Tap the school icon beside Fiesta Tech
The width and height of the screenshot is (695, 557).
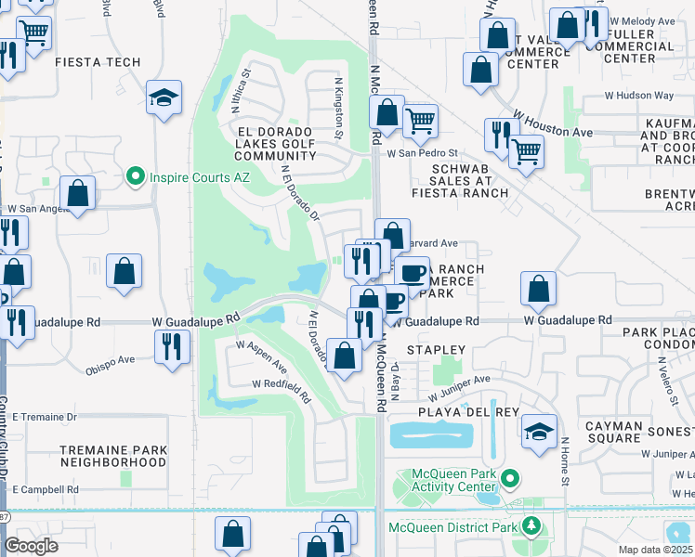click(164, 98)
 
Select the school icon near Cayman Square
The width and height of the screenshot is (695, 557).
click(539, 432)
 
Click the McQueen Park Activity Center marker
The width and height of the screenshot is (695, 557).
click(509, 480)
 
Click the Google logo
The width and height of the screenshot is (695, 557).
click(31, 546)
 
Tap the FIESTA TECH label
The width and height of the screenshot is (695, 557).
click(98, 62)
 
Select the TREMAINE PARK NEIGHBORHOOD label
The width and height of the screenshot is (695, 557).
click(113, 456)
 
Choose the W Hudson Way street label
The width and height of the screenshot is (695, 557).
click(639, 96)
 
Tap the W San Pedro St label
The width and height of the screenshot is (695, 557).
click(423, 153)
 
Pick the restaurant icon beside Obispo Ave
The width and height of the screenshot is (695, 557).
click(172, 345)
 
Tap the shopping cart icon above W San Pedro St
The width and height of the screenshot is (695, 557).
click(420, 120)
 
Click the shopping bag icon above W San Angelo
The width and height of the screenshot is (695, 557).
click(78, 194)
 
